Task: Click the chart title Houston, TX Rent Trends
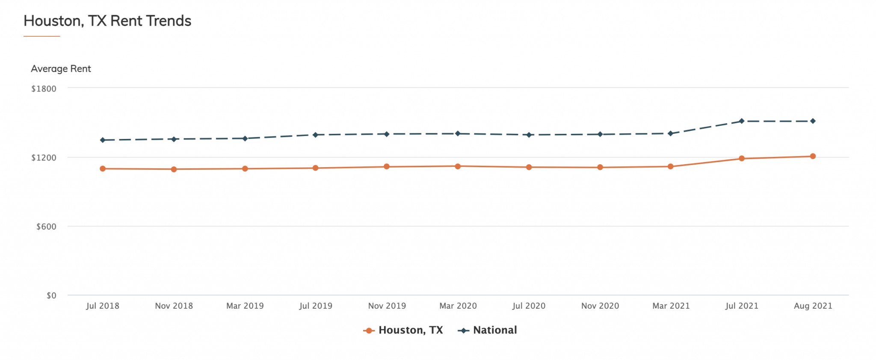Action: click(x=107, y=21)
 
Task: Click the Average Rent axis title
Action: click(x=61, y=69)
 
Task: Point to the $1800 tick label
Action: click(x=44, y=89)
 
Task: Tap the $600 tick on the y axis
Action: click(x=46, y=227)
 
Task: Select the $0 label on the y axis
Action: click(x=51, y=295)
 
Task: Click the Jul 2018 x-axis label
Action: click(x=103, y=306)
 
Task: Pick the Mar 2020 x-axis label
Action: click(x=458, y=306)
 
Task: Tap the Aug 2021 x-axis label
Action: click(x=813, y=306)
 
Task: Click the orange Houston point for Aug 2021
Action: click(x=813, y=156)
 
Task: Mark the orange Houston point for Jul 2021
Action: click(x=742, y=159)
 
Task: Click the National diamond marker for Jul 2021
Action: click(x=742, y=121)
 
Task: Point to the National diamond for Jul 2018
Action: click(x=103, y=140)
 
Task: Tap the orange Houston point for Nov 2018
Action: click(x=174, y=169)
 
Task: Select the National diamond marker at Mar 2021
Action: click(x=670, y=134)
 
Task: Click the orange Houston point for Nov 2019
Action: click(x=387, y=167)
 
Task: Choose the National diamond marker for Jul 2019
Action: click(x=315, y=135)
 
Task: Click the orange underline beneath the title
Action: click(x=41, y=36)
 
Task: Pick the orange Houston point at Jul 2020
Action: click(x=529, y=167)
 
